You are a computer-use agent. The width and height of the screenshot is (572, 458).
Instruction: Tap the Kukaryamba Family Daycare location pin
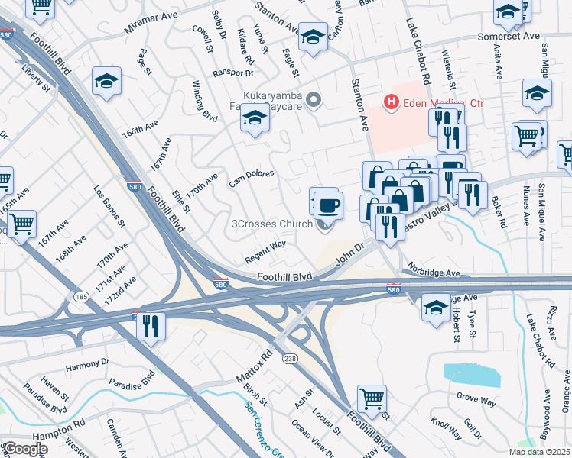click(x=313, y=100)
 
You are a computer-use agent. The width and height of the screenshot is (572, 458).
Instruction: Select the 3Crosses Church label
click(x=271, y=224)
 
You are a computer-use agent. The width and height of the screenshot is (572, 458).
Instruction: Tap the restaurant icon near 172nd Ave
click(x=151, y=326)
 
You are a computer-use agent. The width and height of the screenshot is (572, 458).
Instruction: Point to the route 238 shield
click(x=290, y=360)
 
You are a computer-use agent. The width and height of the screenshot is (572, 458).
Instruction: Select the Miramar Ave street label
click(x=151, y=28)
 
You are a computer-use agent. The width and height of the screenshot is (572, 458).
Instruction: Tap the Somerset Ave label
click(x=502, y=36)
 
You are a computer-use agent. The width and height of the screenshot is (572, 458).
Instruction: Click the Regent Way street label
click(x=265, y=252)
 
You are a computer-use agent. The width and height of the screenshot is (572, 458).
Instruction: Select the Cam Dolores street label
click(x=252, y=179)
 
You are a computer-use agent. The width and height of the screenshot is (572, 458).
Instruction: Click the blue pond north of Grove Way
click(x=471, y=374)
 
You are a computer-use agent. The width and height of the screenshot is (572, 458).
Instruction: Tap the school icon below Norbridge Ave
click(x=436, y=308)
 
